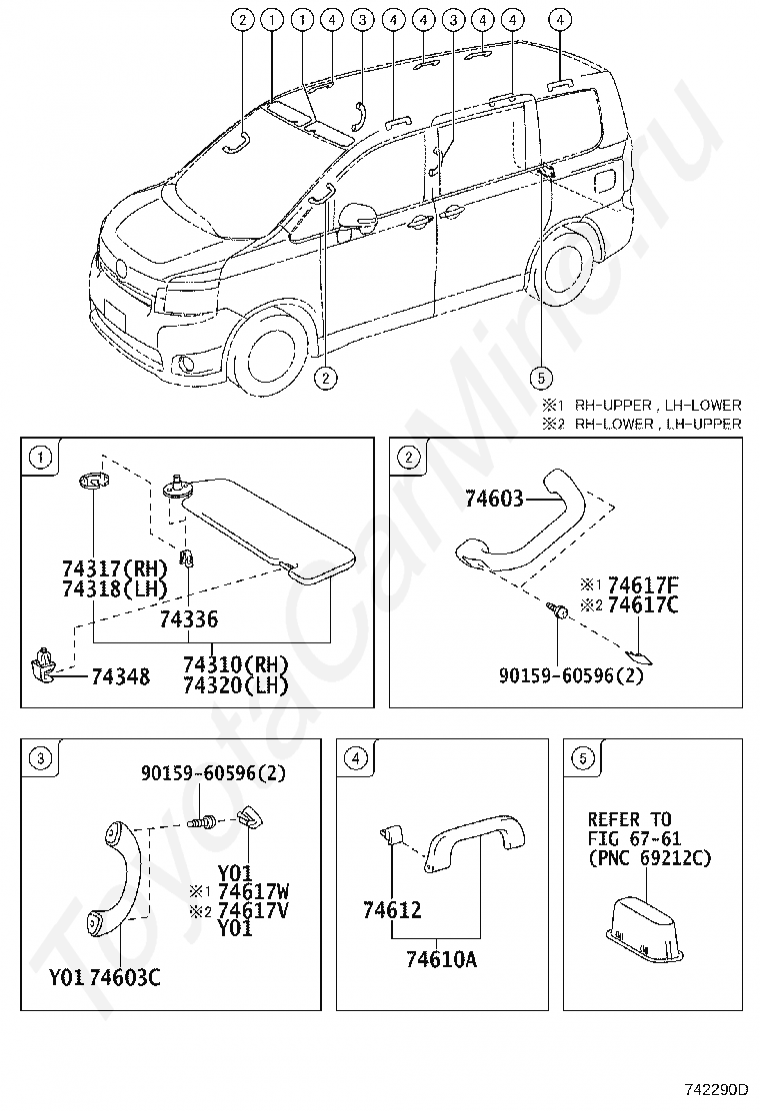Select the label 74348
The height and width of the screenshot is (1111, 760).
[120, 676]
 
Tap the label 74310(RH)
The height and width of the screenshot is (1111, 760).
[236, 664]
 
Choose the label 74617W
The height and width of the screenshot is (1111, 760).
[253, 891]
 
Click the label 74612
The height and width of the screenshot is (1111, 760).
[392, 911]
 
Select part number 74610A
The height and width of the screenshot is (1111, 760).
[441, 959]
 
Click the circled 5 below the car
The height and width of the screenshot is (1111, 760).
[540, 377]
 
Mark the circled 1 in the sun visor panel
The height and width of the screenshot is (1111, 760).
[40, 458]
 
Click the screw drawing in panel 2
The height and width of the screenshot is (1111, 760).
[555, 609]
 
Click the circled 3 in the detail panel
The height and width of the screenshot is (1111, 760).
[40, 759]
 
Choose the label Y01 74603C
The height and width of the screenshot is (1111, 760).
[105, 977]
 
